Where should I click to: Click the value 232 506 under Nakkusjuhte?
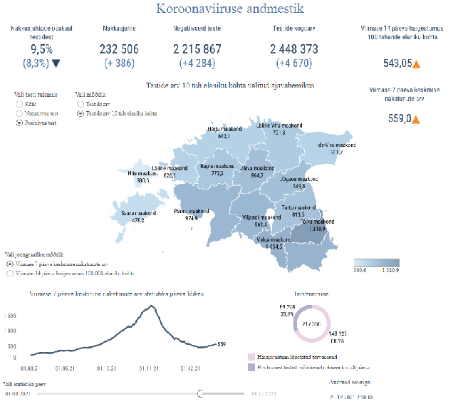(x=120, y=49)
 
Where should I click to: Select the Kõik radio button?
(x=19, y=103)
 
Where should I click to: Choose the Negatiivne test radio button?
(x=19, y=113)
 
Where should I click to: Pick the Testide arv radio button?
(x=80, y=103)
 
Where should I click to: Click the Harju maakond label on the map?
(x=224, y=129)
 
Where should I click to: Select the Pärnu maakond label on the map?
(x=191, y=211)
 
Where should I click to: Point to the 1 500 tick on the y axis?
(x=10, y=315)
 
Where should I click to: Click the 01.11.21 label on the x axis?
(x=148, y=368)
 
